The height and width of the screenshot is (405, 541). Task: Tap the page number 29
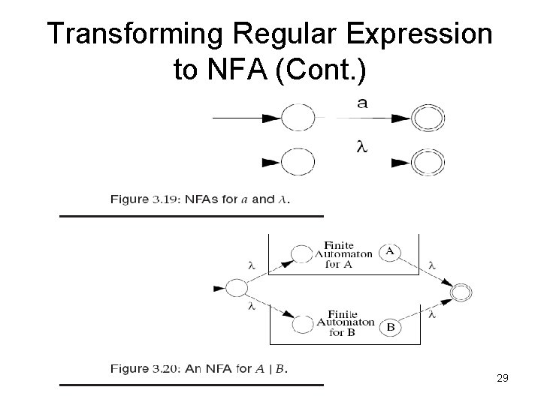tap(502, 379)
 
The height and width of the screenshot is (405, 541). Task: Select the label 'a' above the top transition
tap(363, 104)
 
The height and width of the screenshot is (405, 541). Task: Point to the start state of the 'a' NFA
tap(298, 118)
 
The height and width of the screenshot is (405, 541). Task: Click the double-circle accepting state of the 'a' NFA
tap(430, 118)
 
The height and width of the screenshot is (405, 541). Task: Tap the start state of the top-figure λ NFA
tap(298, 161)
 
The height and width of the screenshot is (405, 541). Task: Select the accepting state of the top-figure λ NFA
tap(430, 161)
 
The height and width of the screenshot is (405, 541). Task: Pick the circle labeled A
tap(389, 252)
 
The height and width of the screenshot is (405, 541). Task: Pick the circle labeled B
tap(389, 327)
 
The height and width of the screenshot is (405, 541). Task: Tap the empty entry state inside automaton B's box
tap(301, 324)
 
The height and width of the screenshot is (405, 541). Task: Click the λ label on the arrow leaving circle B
tap(431, 315)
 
